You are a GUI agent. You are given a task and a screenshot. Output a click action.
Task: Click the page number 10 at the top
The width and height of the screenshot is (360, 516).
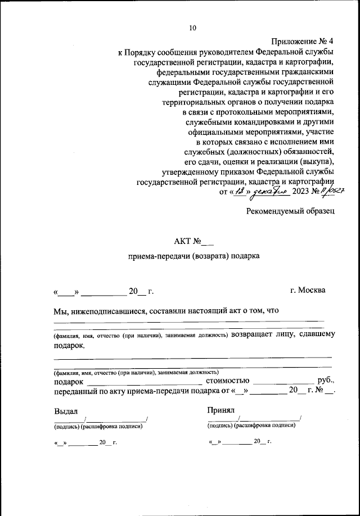(x=193, y=28)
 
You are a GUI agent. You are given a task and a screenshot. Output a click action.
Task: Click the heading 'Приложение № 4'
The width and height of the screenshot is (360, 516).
(x=303, y=42)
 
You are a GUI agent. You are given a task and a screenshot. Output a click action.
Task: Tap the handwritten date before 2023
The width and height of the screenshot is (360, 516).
(x=259, y=192)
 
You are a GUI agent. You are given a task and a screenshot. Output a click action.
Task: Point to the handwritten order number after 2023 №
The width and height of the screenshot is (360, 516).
(x=331, y=192)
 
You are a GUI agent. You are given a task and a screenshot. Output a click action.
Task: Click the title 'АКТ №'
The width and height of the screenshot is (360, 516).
(x=188, y=242)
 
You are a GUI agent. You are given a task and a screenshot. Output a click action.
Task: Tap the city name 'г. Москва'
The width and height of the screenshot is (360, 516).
(x=307, y=290)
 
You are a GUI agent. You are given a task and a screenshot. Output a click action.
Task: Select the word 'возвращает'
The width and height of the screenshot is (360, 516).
(x=251, y=334)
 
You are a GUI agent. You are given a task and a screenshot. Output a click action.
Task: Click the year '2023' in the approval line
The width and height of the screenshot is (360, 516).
(x=302, y=192)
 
